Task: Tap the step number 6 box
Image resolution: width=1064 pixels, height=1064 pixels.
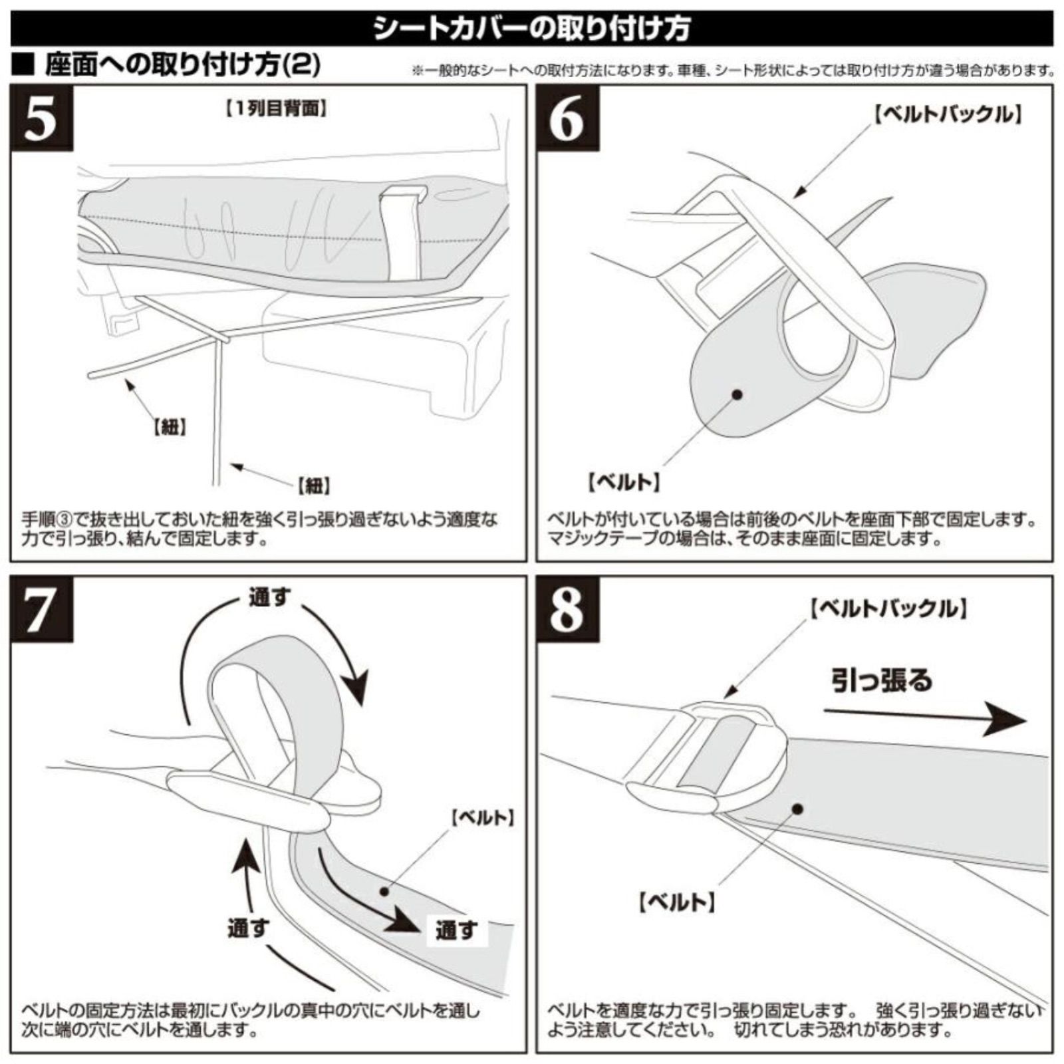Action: [x=567, y=119]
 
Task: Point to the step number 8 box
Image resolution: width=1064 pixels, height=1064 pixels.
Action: [x=567, y=610]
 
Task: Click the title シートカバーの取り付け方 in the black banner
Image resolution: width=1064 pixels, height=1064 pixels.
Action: [x=532, y=28]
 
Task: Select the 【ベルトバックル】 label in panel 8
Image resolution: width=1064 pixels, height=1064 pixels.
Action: [x=888, y=608]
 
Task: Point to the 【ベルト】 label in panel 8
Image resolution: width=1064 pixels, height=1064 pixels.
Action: [x=676, y=902]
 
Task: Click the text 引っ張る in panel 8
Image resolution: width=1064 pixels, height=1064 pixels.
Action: [x=882, y=680]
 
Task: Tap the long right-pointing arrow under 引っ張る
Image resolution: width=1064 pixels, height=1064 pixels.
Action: [x=924, y=720]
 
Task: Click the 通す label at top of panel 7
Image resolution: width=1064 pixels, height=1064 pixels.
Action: [x=269, y=597]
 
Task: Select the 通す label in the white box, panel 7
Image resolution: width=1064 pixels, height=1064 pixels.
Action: [x=456, y=930]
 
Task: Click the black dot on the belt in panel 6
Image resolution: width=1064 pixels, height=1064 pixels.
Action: [x=737, y=394]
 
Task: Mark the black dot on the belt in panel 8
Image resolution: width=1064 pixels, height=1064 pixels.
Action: [x=798, y=809]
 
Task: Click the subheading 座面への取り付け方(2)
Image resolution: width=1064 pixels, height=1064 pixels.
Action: [x=183, y=66]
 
